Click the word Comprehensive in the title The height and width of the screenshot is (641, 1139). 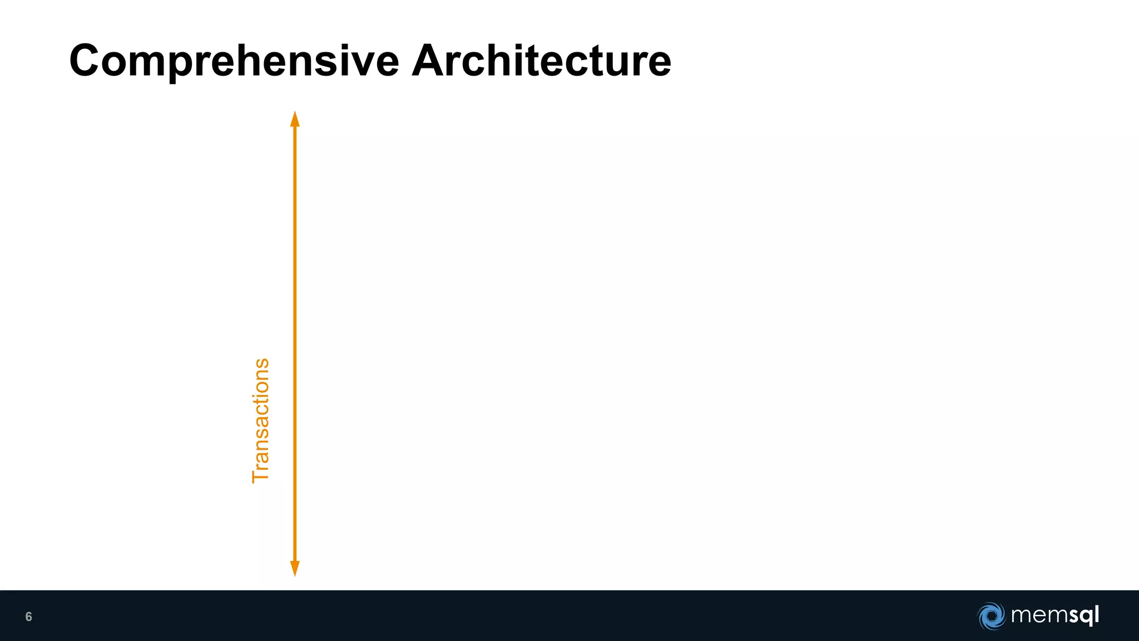[234, 61]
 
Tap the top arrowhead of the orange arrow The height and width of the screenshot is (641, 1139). [295, 119]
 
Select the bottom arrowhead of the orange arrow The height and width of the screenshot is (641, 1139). [295, 569]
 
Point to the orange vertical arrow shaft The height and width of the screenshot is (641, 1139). [295, 334]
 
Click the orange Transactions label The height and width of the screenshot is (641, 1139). [260, 421]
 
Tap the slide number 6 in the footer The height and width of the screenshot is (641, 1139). [29, 617]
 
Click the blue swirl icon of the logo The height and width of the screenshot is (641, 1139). [991, 616]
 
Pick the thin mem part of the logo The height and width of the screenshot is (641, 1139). [1037, 616]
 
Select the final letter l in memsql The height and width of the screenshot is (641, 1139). [1096, 614]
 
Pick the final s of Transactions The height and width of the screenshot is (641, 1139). [260, 364]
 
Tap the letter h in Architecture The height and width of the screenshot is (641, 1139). [499, 61]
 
